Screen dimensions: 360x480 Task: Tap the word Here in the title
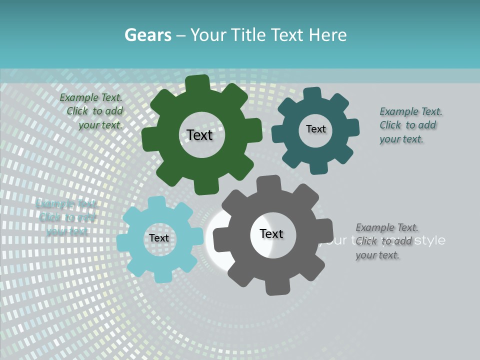pyautogui.click(x=327, y=35)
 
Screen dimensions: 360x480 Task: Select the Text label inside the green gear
pyautogui.click(x=199, y=135)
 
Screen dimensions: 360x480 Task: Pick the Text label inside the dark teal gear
pyautogui.click(x=315, y=129)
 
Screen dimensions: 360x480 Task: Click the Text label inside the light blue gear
pyautogui.click(x=158, y=238)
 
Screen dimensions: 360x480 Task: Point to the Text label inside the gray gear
pyautogui.click(x=271, y=233)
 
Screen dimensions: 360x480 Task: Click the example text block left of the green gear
pyautogui.click(x=93, y=111)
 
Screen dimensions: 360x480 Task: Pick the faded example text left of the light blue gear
pyautogui.click(x=67, y=217)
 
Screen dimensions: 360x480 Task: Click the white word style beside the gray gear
pyautogui.click(x=430, y=240)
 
